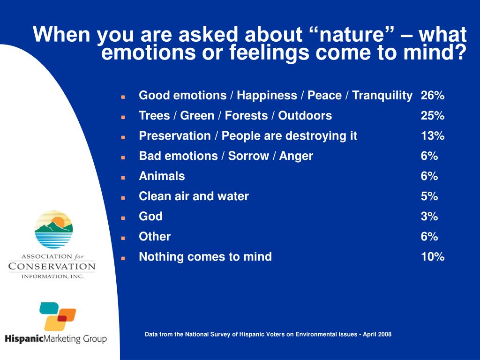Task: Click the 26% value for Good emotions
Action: [433, 95]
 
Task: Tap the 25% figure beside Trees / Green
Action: [433, 115]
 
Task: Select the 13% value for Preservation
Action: [433, 135]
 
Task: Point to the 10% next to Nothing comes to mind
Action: [433, 256]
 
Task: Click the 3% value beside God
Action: [429, 217]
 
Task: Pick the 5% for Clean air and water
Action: [429, 196]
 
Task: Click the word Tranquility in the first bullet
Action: [382, 96]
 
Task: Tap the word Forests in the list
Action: [246, 115]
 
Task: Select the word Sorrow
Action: [248, 156]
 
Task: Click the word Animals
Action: [162, 176]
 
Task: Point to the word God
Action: [150, 217]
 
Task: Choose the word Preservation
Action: [175, 135]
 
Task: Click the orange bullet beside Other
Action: [123, 238]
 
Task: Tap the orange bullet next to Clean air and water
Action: [123, 198]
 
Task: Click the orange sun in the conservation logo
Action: [58, 222]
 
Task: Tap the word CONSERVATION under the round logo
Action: [52, 266]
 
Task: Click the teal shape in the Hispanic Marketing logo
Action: [49, 308]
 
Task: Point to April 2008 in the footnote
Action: [377, 334]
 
